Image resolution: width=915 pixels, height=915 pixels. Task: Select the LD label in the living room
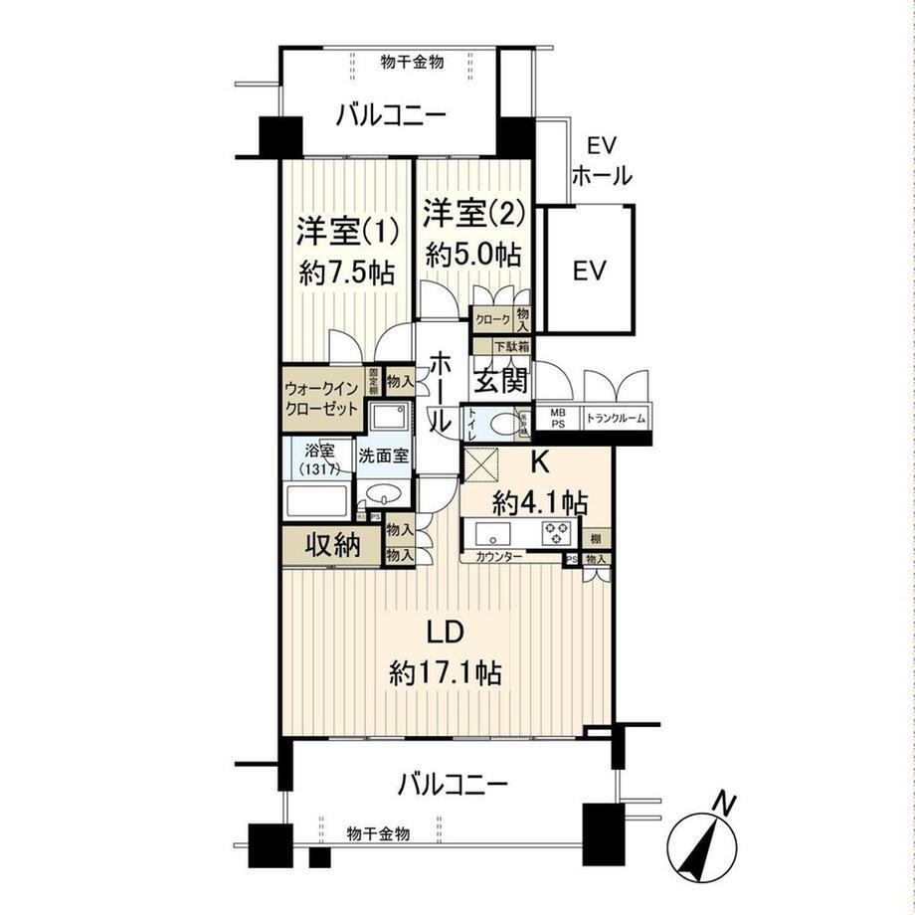pyautogui.click(x=445, y=632)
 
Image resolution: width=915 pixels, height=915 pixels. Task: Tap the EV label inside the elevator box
pyautogui.click(x=588, y=270)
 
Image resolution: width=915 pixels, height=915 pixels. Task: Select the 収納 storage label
pyautogui.click(x=331, y=545)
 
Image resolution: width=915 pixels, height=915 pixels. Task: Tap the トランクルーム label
pyautogui.click(x=616, y=420)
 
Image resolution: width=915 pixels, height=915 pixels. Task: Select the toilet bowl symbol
pyautogui.click(x=506, y=425)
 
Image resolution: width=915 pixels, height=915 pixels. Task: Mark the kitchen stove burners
pyautogui.click(x=553, y=533)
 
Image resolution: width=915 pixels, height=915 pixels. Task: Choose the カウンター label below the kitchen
pyautogui.click(x=499, y=558)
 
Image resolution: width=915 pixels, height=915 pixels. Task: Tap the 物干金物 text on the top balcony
pyautogui.click(x=412, y=62)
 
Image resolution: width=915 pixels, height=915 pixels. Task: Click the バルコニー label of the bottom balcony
pyautogui.click(x=453, y=785)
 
